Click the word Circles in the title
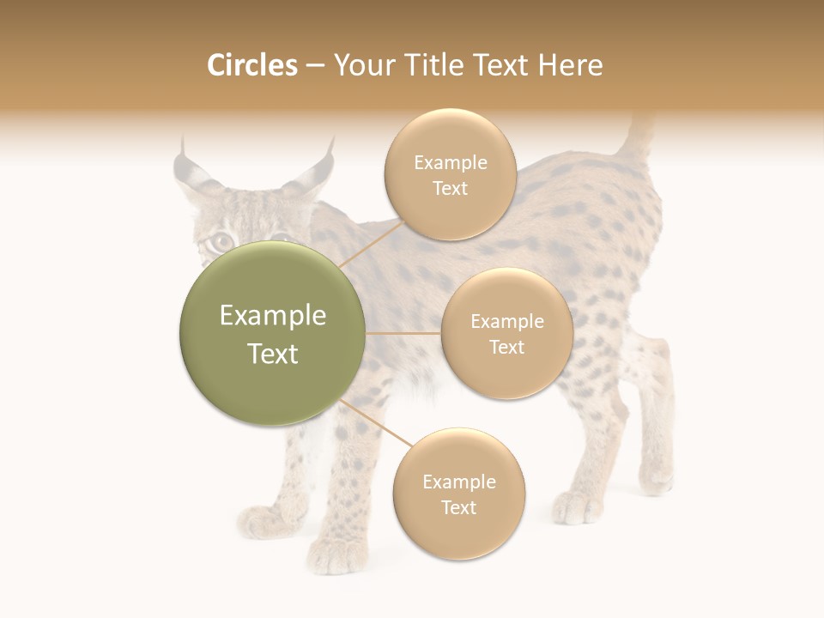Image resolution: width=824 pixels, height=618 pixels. (x=252, y=65)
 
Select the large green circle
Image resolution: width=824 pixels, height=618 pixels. (x=273, y=333)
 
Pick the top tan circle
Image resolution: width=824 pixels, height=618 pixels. (x=451, y=174)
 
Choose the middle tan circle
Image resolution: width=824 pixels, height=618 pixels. (x=507, y=333)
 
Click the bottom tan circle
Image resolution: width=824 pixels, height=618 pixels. (x=459, y=494)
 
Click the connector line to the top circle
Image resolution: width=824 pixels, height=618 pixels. (x=371, y=244)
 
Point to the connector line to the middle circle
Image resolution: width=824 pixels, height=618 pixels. (x=403, y=333)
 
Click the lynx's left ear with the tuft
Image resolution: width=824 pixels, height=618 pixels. (x=190, y=172)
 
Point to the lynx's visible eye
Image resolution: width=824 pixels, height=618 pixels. (x=221, y=241)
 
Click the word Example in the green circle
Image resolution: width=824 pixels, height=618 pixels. (x=273, y=316)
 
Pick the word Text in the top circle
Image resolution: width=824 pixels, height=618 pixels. (x=451, y=189)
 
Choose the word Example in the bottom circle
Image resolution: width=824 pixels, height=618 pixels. (x=459, y=482)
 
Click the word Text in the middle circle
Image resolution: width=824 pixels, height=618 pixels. (x=507, y=347)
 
